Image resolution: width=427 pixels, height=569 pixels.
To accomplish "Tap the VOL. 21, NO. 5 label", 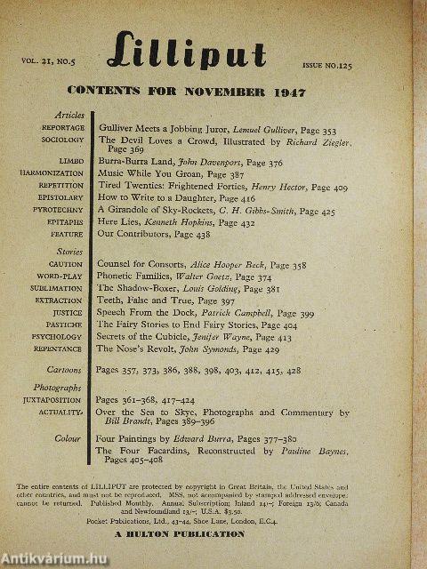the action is coord(49,63).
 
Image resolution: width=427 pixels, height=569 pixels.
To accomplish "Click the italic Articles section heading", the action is coord(69,116).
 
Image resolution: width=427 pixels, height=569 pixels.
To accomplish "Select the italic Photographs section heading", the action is coord(61,389).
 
